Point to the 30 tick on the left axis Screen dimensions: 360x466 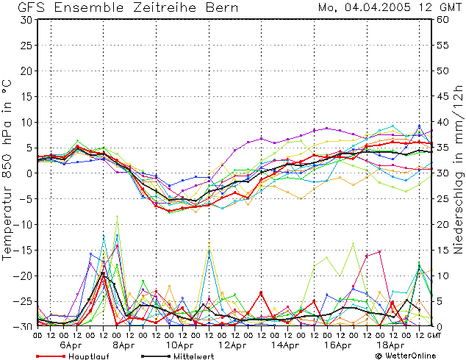(x=26, y=20)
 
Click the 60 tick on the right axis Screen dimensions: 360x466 (x=442, y=20)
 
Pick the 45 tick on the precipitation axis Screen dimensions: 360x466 (x=442, y=96)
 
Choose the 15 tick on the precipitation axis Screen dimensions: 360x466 (x=442, y=250)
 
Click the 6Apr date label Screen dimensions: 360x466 (x=71, y=344)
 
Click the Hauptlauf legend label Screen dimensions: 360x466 (x=84, y=356)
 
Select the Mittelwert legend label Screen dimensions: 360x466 (x=193, y=356)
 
